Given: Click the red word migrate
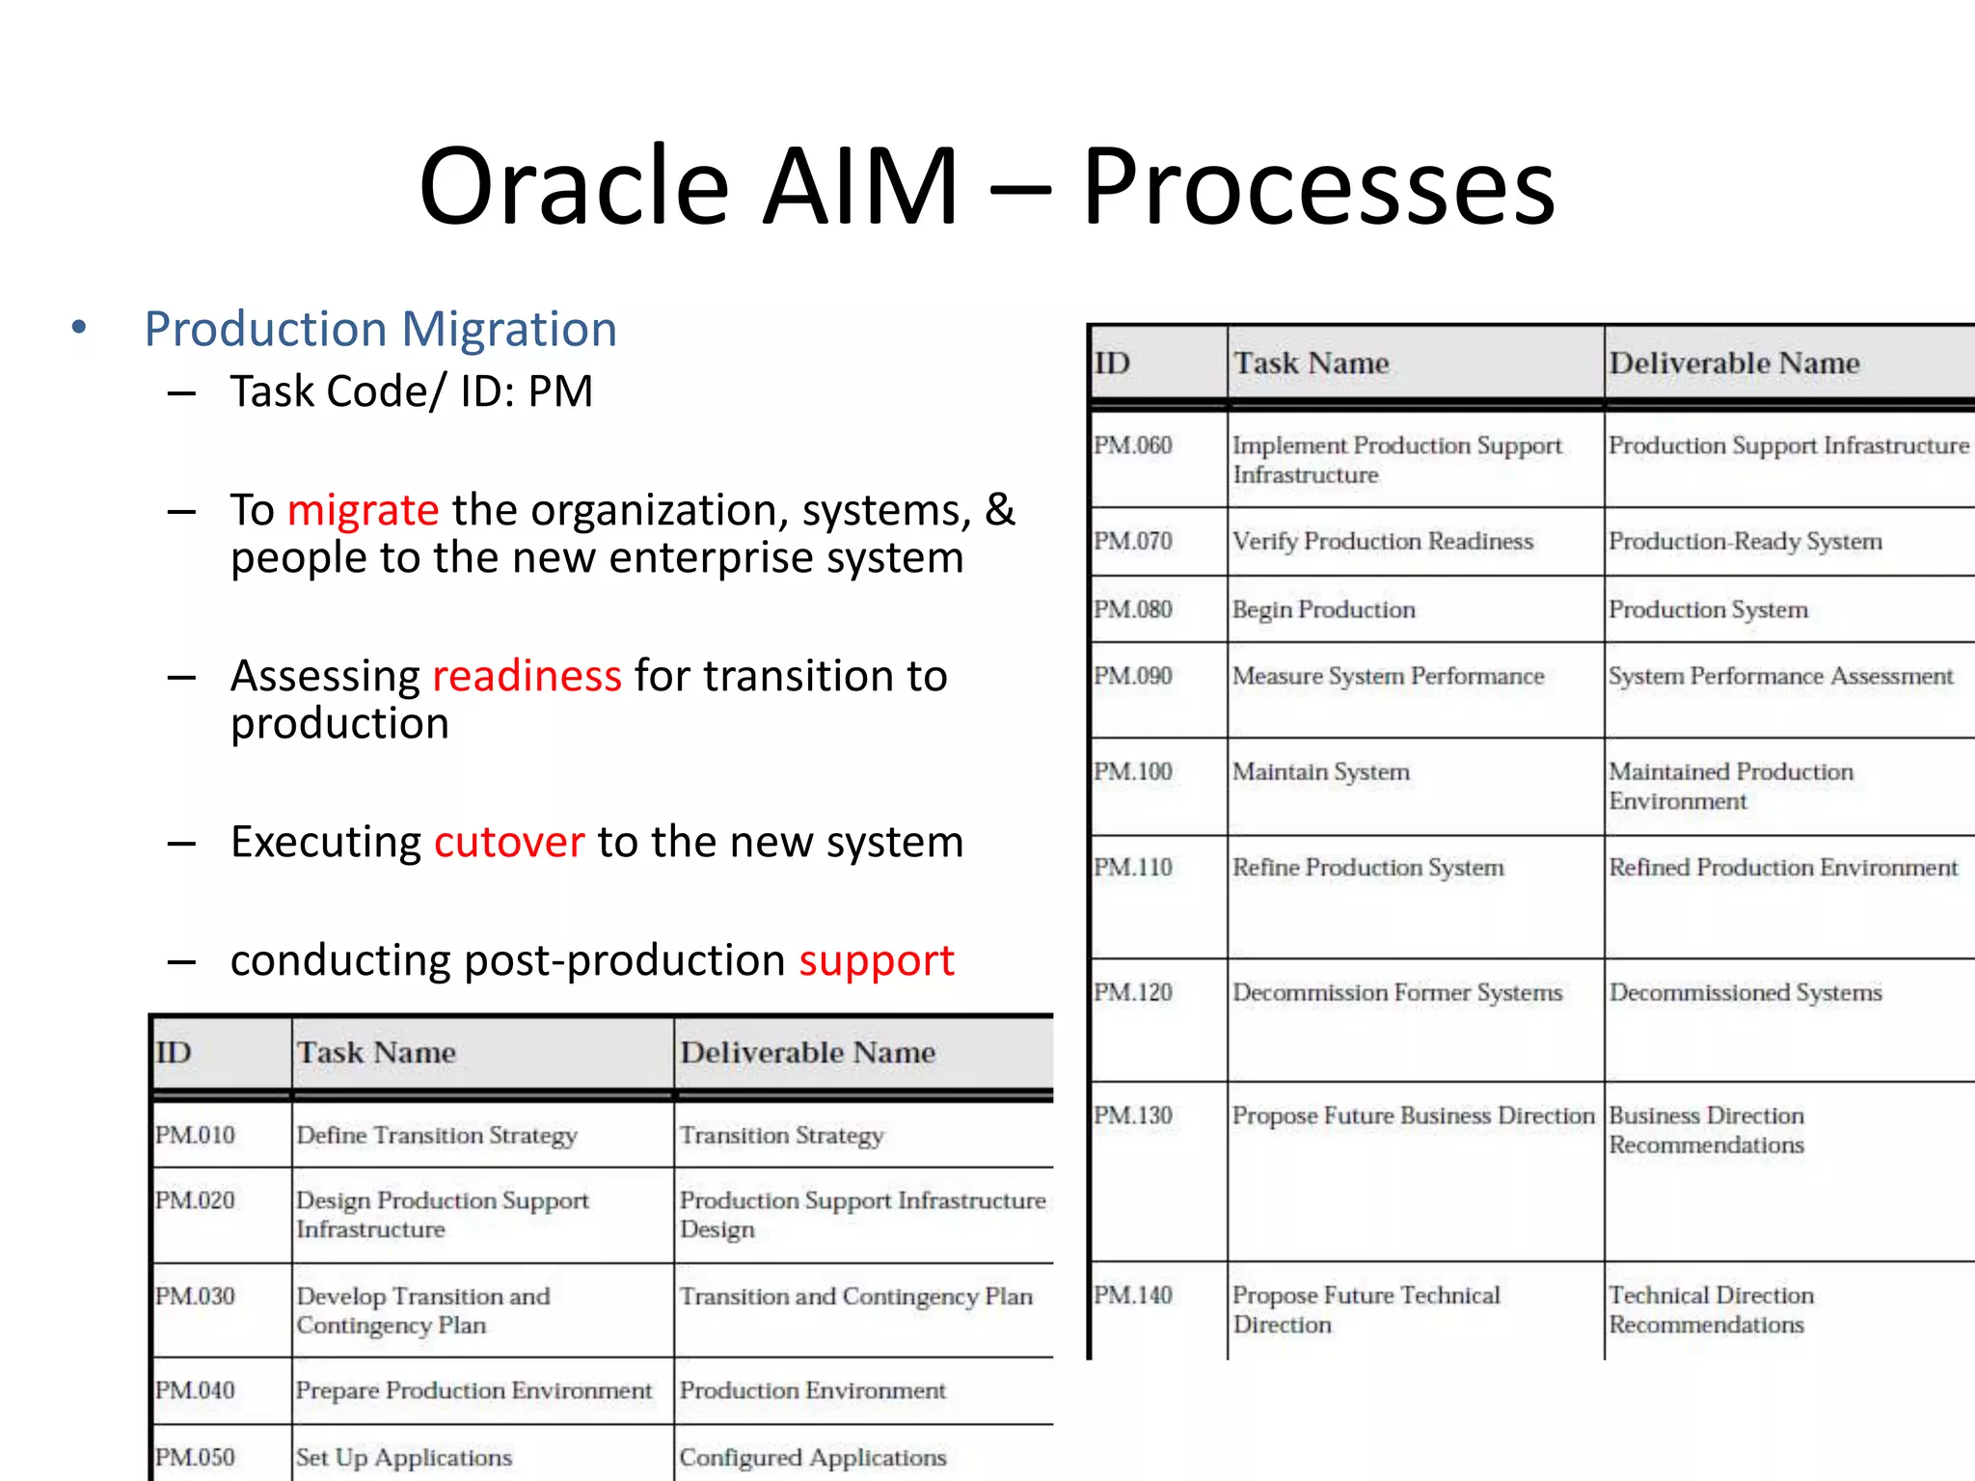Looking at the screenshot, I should [x=363, y=510].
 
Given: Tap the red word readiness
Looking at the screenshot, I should [x=527, y=676].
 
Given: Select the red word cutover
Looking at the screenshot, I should [x=509, y=842].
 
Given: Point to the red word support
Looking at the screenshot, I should [x=876, y=960].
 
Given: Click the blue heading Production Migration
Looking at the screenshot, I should [x=380, y=329].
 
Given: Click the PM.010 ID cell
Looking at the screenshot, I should [x=195, y=1135].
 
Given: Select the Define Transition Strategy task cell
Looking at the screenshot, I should [x=436, y=1135].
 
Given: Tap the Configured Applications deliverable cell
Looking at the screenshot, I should [x=812, y=1457].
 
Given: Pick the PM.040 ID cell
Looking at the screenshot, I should [x=195, y=1390].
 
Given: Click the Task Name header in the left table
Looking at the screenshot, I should [x=376, y=1052].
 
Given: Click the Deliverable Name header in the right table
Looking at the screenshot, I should [x=1734, y=363].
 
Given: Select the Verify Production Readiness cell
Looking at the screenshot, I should [x=1382, y=541].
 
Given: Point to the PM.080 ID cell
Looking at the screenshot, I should [x=1132, y=609].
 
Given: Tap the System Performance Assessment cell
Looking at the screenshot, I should [x=1780, y=676].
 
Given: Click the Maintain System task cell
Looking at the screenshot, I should [x=1320, y=771].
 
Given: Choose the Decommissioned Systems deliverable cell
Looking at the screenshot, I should [x=1745, y=992].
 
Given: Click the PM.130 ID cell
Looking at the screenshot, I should [x=1132, y=1116].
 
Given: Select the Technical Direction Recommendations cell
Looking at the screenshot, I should [x=1710, y=1309].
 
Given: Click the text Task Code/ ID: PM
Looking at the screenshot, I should [x=411, y=391].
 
